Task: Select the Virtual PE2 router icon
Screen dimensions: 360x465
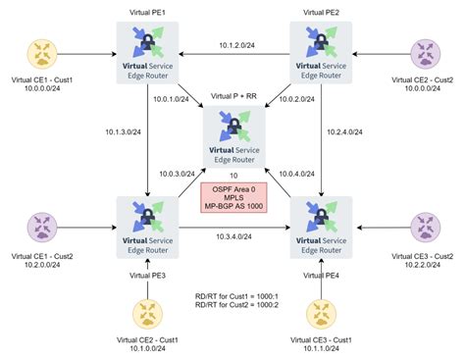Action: point(321,50)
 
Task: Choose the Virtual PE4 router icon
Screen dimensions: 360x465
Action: point(321,223)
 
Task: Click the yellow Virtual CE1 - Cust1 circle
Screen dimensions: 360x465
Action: point(45,51)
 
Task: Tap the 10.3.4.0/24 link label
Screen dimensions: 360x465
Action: point(235,235)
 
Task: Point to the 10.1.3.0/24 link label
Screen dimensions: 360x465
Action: point(121,129)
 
